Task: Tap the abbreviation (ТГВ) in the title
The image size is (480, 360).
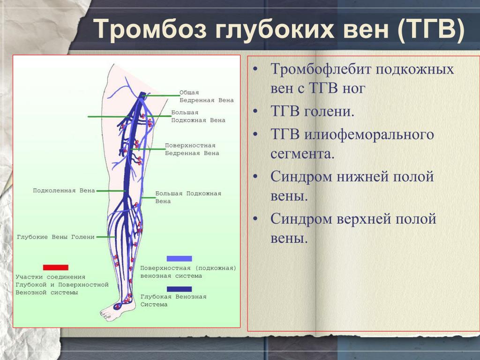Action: coord(431,30)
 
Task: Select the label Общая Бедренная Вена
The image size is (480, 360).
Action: coord(206,96)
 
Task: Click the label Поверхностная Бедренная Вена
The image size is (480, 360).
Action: coord(192,149)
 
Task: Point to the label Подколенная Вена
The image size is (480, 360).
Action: coord(64,190)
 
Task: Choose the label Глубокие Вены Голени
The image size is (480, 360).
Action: coord(56,237)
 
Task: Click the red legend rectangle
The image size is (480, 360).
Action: coord(56,267)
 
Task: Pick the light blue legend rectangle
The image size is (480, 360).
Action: coord(180,258)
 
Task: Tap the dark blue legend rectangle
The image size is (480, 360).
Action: coord(180,289)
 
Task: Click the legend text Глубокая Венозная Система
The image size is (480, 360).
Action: coord(173,300)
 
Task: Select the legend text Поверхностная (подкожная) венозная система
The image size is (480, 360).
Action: coord(188,272)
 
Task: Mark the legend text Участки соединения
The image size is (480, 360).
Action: coord(51,277)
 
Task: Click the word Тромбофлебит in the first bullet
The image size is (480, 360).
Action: coord(321,69)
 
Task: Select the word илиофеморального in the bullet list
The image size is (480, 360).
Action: coord(369,135)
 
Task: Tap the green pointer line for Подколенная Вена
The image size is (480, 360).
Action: coord(111,191)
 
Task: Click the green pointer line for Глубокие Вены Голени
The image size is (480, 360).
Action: coord(105,237)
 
